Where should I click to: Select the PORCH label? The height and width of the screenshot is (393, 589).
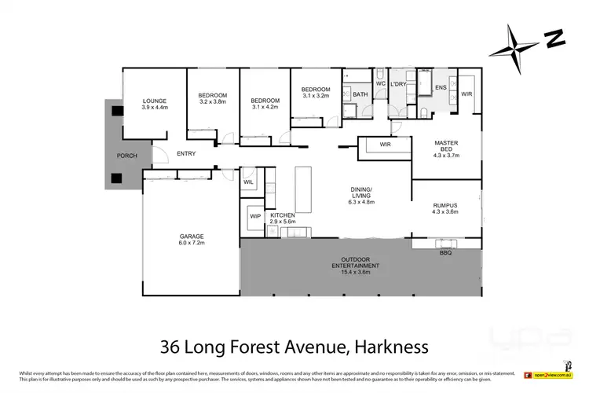click(x=127, y=156)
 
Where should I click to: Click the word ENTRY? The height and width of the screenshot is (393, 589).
click(x=186, y=153)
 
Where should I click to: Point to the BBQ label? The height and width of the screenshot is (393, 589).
click(x=444, y=254)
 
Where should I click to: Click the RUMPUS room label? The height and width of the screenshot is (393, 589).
click(x=444, y=206)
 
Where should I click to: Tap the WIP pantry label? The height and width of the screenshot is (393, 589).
click(x=255, y=215)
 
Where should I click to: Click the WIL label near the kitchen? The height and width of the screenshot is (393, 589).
click(x=248, y=182)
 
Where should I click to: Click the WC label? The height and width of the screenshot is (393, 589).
click(x=380, y=83)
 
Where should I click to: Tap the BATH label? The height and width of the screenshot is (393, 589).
click(x=360, y=94)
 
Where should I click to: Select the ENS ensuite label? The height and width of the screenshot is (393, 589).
click(x=441, y=87)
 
